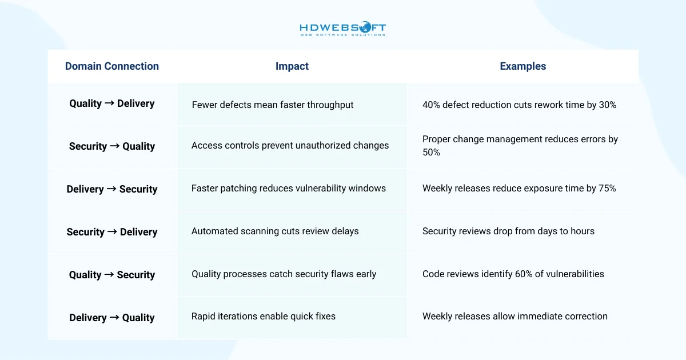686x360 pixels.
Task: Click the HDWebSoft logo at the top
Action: (x=343, y=29)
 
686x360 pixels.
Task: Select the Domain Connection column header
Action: (x=112, y=66)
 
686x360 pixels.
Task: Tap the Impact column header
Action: (x=292, y=66)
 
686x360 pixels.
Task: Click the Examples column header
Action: (x=523, y=66)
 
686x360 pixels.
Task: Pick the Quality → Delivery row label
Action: (x=112, y=103)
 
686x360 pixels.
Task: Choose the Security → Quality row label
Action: (x=112, y=146)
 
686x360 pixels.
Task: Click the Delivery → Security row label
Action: (x=112, y=189)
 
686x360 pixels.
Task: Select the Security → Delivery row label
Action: (x=112, y=232)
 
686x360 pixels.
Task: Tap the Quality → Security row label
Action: (x=112, y=275)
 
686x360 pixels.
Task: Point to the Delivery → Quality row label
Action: (x=112, y=318)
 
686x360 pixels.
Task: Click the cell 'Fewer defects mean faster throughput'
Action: (x=273, y=105)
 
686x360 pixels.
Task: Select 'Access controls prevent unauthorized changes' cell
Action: (x=290, y=145)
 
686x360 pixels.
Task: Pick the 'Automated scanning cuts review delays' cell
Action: (x=275, y=231)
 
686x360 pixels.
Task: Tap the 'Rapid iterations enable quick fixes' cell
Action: (x=264, y=316)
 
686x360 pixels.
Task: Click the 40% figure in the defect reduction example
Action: (x=432, y=105)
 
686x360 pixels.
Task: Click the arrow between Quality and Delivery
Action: (x=110, y=103)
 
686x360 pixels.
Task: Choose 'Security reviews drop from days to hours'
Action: (x=508, y=231)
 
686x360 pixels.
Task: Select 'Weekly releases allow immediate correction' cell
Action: (x=514, y=316)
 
